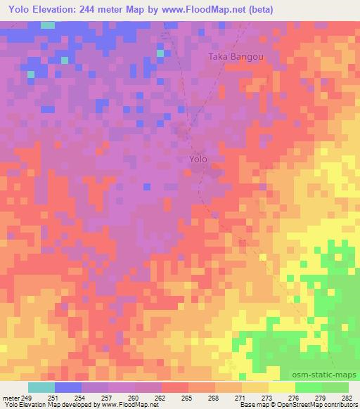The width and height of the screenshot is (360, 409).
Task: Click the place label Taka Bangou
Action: coord(235,58)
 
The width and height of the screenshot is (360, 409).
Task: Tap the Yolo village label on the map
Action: coord(198,160)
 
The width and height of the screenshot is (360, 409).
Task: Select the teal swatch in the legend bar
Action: coord(41,387)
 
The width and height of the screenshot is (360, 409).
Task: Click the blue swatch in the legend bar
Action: coord(68,387)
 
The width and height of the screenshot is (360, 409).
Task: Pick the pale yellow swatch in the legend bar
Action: coord(281,387)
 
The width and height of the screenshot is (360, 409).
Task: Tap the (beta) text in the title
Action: coord(259,10)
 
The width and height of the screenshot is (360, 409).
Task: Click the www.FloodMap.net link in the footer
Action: coord(132,405)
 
